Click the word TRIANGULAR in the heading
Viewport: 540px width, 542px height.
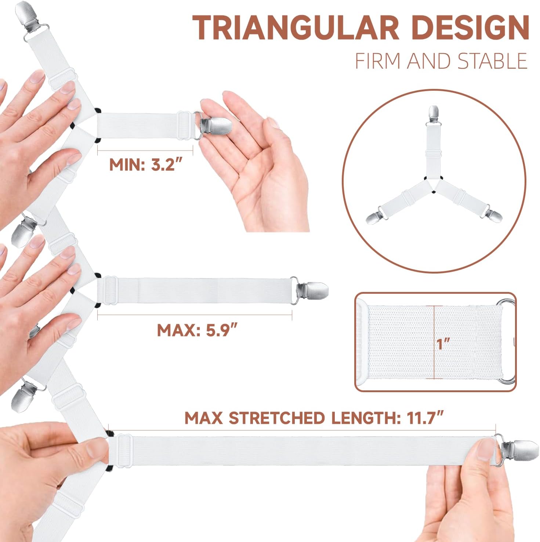tap(296, 28)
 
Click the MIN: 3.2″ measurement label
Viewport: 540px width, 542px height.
tap(146, 165)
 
